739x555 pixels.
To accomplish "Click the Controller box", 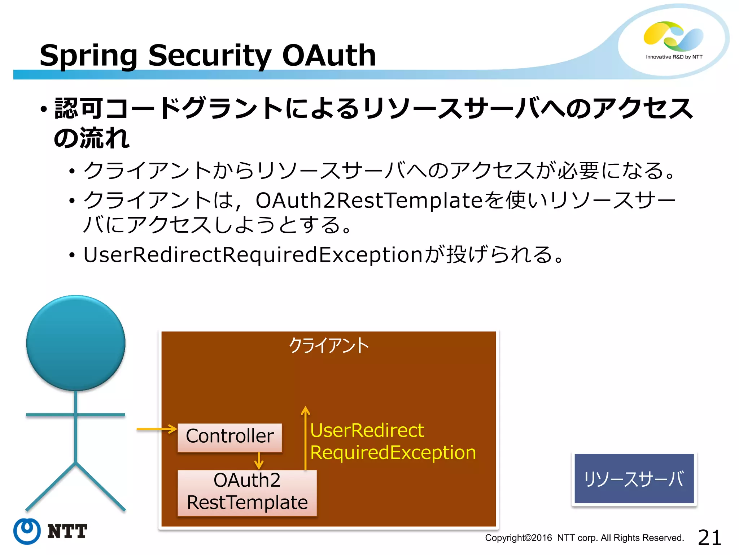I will pos(229,437).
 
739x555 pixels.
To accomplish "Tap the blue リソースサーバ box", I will pos(634,478).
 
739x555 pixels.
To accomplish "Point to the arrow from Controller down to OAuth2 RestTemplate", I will pos(259,461).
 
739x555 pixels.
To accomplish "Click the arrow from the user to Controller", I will pos(157,429).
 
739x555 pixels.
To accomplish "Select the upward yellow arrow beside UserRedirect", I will pos(306,437).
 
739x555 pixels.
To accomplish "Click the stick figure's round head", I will pos(76,343).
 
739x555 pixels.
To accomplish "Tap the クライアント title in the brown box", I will pos(329,345).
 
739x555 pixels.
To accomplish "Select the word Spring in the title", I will pos(88,56).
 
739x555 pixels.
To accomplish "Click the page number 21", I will pos(709,537).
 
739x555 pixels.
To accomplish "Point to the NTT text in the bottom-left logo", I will pos(67,532).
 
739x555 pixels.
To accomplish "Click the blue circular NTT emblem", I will pos(27,531).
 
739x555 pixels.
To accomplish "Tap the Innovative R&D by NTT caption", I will pos(674,57).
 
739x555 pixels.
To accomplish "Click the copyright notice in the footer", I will pos(584,538).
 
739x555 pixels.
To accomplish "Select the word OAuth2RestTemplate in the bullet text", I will pos(369,201).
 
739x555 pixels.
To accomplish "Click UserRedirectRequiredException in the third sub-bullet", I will pos(253,255).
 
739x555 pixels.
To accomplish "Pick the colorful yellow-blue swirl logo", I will pos(673,35).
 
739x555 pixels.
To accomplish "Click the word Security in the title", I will pos(210,56).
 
